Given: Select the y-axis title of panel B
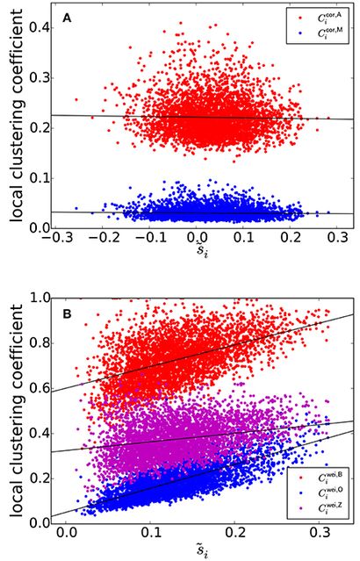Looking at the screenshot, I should [14, 410].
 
